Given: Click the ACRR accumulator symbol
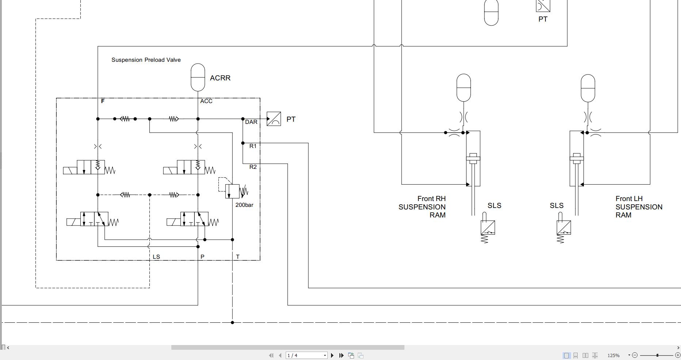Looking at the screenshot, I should click(198, 77).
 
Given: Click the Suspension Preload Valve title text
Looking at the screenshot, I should click(146, 60).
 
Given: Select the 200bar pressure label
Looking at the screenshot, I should click(244, 205).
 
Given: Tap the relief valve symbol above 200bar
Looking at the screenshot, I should click(232, 191).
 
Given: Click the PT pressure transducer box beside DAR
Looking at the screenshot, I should click(274, 119).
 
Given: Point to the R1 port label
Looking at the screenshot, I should click(253, 146).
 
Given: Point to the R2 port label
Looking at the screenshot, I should click(253, 167).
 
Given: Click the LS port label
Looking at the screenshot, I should click(156, 257).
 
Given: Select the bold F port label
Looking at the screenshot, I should click(103, 101).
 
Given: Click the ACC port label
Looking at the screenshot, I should click(206, 101).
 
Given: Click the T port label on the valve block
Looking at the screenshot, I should click(238, 257).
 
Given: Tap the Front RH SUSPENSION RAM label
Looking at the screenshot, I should click(422, 207).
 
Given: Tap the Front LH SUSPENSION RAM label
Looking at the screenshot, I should click(639, 207).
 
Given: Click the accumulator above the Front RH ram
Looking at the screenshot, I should click(464, 88).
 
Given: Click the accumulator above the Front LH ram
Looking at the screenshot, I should click(588, 88).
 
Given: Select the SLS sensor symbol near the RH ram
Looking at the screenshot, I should click(488, 227).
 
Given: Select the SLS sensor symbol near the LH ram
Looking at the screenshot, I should click(563, 227).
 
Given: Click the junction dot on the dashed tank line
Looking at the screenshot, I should click(232, 322).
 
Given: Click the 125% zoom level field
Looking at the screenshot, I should click(614, 355).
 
